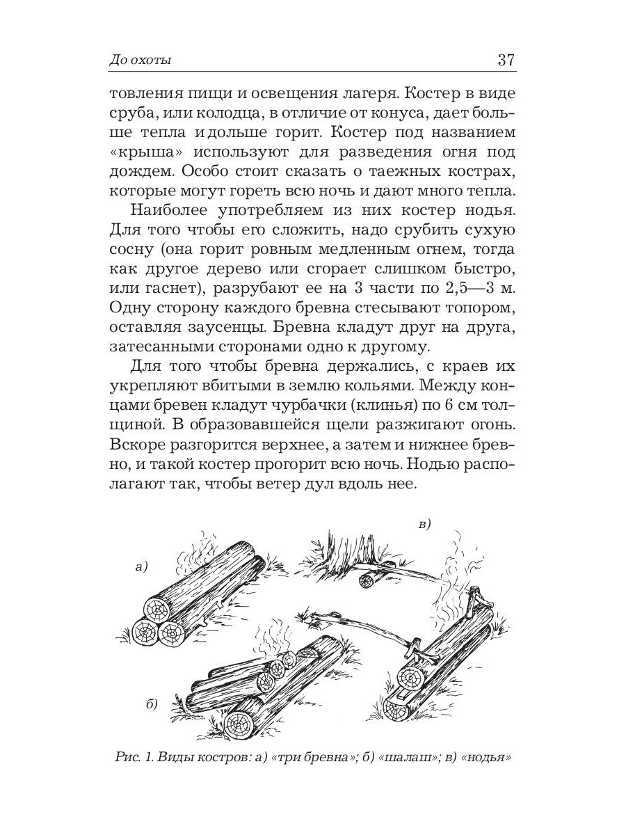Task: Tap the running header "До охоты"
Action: click(x=141, y=61)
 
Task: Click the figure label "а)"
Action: click(x=143, y=567)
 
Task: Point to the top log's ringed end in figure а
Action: click(x=156, y=610)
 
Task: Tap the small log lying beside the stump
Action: click(x=367, y=581)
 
